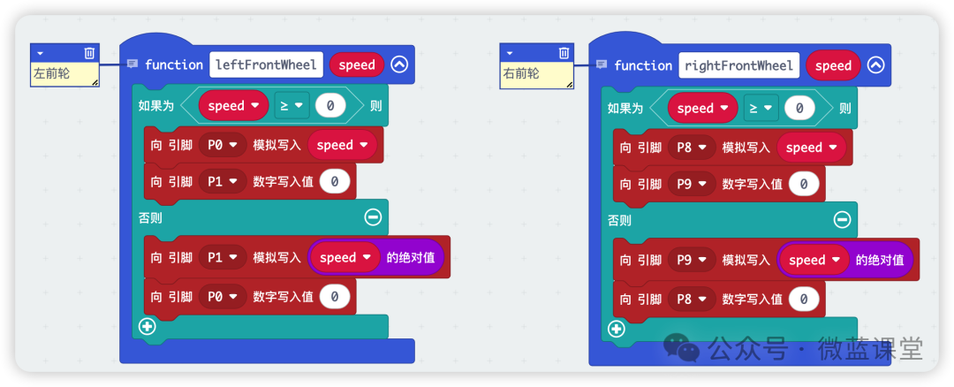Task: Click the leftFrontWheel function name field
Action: (x=265, y=64)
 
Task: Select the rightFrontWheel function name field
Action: (x=738, y=65)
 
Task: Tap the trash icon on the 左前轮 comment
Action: (x=89, y=53)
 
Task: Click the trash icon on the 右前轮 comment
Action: (x=564, y=53)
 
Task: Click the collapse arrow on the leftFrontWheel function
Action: (x=399, y=64)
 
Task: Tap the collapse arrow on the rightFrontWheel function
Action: (x=875, y=65)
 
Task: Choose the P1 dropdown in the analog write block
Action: (x=223, y=258)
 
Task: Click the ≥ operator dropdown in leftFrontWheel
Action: (x=290, y=106)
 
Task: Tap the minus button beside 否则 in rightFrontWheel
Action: (x=843, y=220)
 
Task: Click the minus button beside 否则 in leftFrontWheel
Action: (x=373, y=216)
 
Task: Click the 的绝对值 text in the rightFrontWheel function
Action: (x=879, y=260)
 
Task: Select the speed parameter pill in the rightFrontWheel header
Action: (x=833, y=65)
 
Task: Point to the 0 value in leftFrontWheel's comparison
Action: (x=330, y=106)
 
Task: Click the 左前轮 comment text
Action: (x=52, y=74)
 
